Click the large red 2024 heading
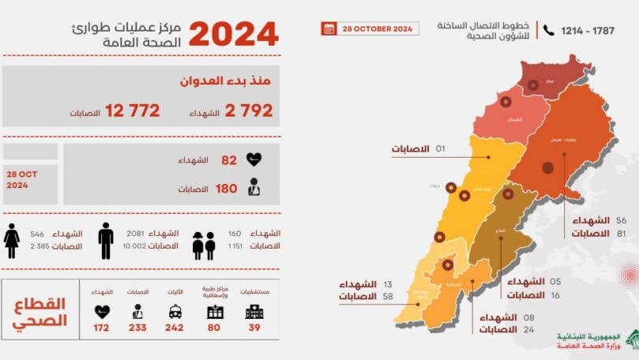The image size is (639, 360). click(x=233, y=34)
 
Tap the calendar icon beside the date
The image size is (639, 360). click(x=329, y=28)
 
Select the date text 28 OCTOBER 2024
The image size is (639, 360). click(x=378, y=28)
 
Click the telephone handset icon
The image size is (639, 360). click(x=549, y=30)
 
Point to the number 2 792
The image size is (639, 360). click(x=249, y=111)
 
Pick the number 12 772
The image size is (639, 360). click(x=133, y=111)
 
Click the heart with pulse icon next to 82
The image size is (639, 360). click(x=254, y=159)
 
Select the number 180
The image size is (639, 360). click(x=227, y=189)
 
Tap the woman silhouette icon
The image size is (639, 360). click(x=12, y=240)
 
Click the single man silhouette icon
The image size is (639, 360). click(x=106, y=240)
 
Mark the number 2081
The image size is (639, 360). click(x=135, y=234)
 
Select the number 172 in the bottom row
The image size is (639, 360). click(x=102, y=327)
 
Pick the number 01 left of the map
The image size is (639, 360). click(x=441, y=148)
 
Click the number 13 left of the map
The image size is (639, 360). click(x=387, y=284)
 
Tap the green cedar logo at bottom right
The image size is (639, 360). click(x=631, y=339)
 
